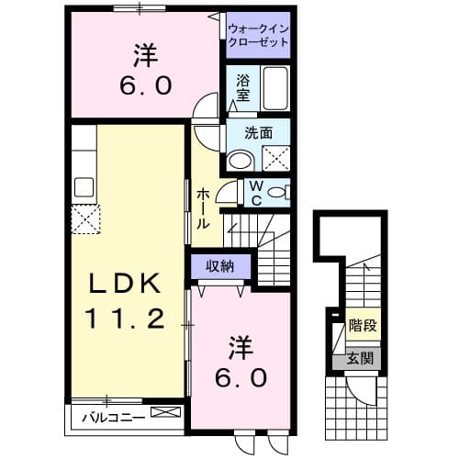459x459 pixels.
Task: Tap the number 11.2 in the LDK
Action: (127, 319)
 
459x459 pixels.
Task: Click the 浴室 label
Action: (243, 87)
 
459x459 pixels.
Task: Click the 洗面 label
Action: (259, 132)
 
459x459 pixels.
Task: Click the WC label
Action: (256, 195)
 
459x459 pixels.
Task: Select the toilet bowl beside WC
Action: (281, 192)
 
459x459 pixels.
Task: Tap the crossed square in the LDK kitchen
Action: (88, 219)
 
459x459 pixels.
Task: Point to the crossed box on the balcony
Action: (166, 414)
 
